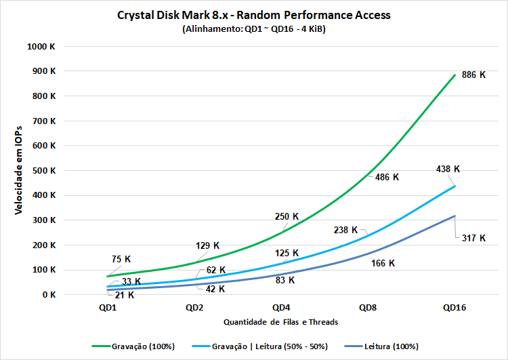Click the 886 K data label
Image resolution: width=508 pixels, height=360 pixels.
coord(473,75)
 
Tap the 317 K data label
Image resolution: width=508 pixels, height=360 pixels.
coord(473,238)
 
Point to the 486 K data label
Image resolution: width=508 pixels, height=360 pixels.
coord(387,177)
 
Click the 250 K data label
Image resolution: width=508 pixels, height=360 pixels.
coord(287,217)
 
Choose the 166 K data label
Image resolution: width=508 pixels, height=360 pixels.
coord(383,263)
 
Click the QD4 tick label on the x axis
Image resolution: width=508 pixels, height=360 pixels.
coord(280,307)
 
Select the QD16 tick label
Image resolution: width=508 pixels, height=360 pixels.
coord(454,307)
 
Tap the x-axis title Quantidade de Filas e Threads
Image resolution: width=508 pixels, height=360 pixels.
coord(280,322)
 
